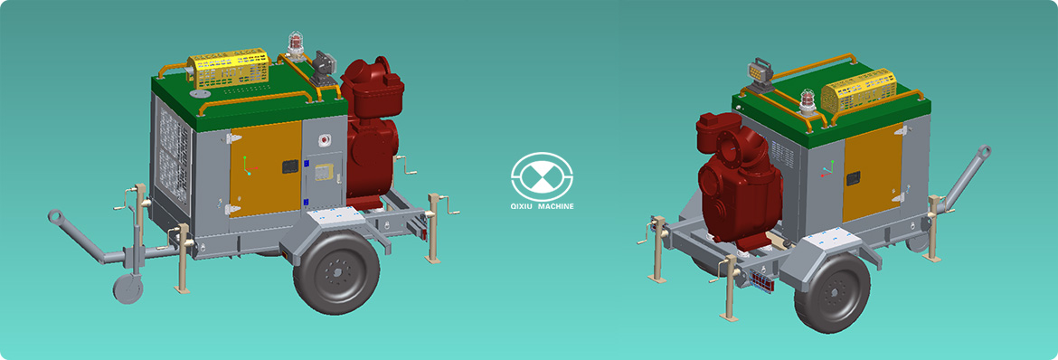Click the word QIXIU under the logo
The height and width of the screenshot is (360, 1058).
tap(524, 206)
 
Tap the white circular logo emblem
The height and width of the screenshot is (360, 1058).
tap(542, 175)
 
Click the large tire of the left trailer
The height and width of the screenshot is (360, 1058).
tap(336, 272)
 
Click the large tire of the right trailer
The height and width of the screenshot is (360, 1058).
tap(832, 293)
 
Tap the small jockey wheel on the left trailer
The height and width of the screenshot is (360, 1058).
tap(128, 289)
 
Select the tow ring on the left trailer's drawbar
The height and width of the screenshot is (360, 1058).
tap(55, 217)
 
